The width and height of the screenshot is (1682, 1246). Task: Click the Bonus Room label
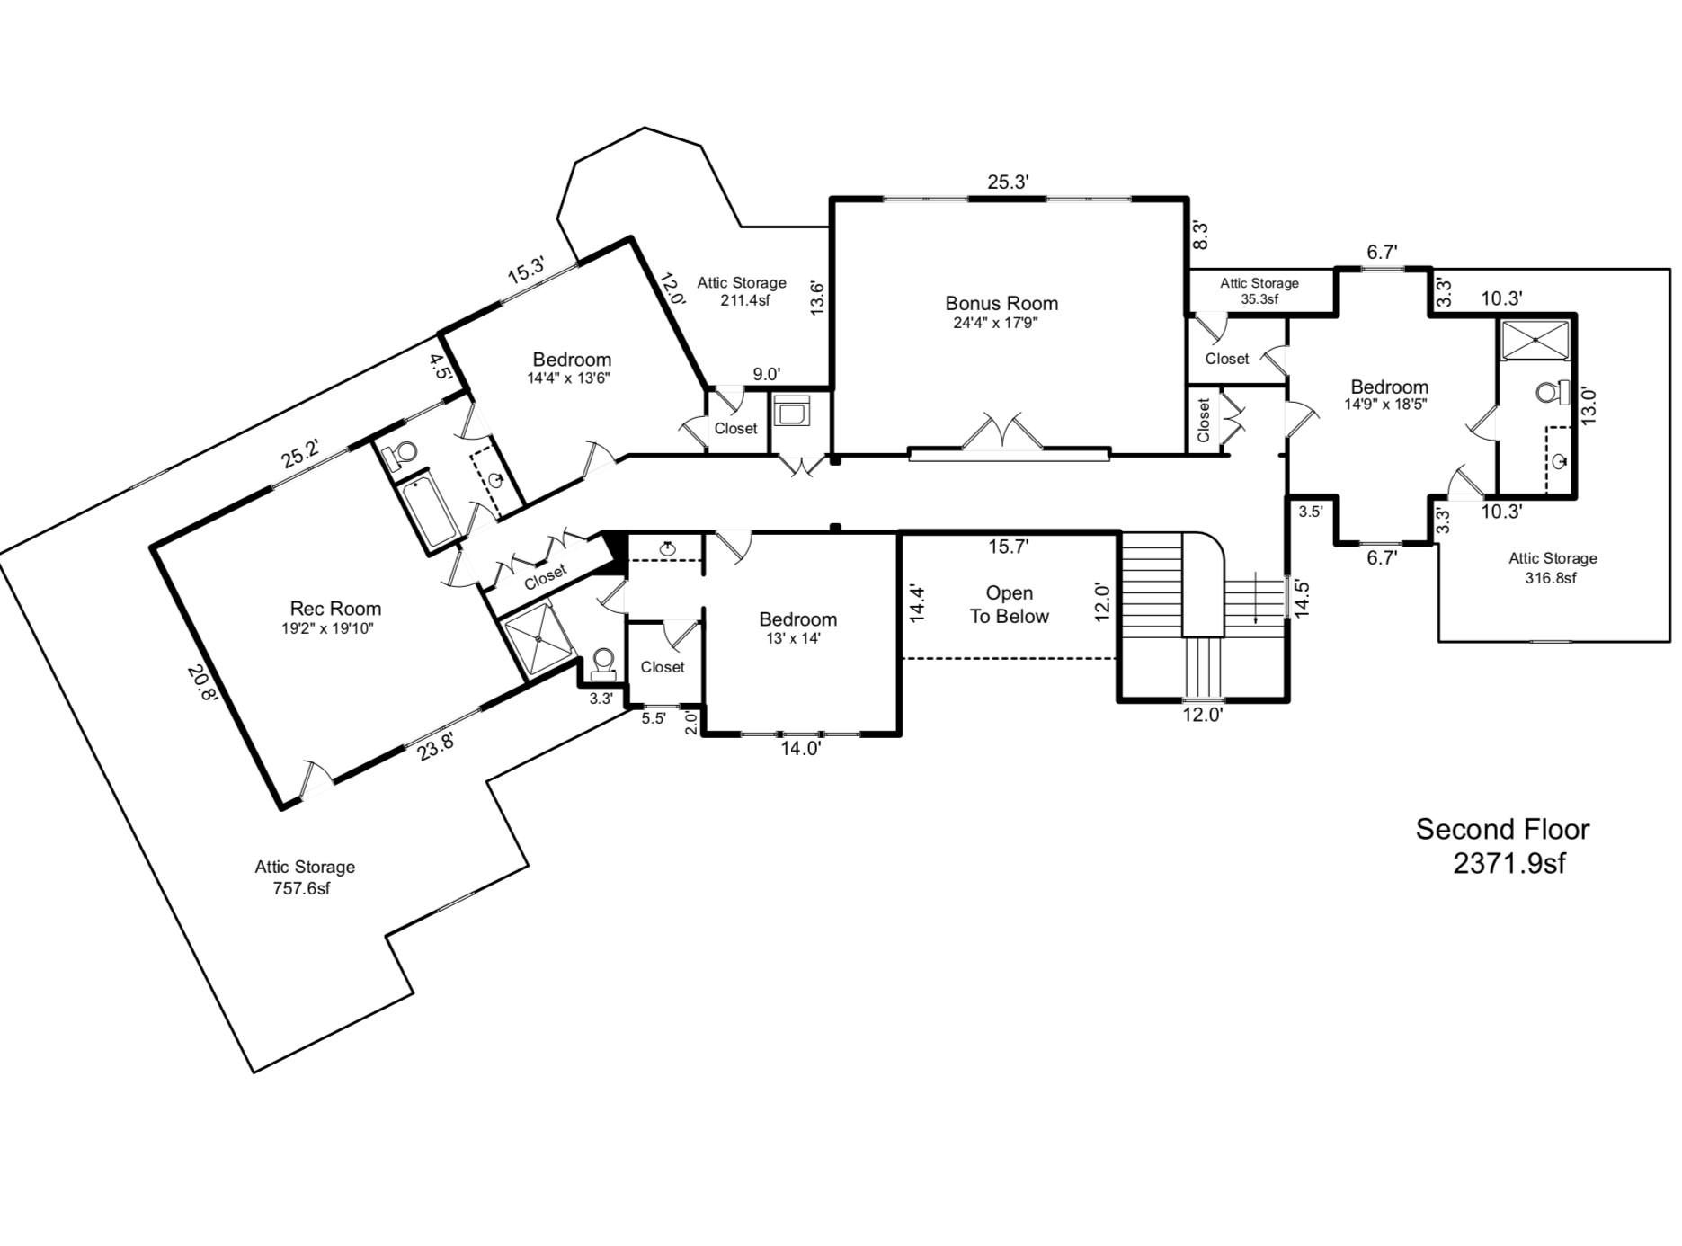(x=1001, y=304)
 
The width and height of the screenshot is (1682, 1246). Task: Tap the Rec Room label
(x=335, y=609)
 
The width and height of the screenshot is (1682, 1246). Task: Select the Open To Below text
(x=1009, y=605)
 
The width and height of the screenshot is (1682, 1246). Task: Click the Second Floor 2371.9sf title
(x=1502, y=846)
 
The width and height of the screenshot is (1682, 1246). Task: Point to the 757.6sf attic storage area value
(x=301, y=889)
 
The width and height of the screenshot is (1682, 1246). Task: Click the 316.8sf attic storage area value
(x=1551, y=578)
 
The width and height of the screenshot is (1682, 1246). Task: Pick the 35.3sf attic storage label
(x=1259, y=299)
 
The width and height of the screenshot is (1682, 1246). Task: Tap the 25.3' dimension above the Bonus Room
(x=1008, y=182)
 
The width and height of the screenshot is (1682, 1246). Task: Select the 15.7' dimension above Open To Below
(x=1008, y=547)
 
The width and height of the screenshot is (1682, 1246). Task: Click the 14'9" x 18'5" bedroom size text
(x=1385, y=405)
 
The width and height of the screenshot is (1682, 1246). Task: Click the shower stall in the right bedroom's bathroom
(x=1535, y=341)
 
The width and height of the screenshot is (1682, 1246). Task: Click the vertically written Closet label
(x=1203, y=420)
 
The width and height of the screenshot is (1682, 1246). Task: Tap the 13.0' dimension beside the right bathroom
(x=1589, y=405)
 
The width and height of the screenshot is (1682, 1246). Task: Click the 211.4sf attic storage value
(x=744, y=300)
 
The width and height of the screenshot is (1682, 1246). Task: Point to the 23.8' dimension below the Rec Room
(x=435, y=745)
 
